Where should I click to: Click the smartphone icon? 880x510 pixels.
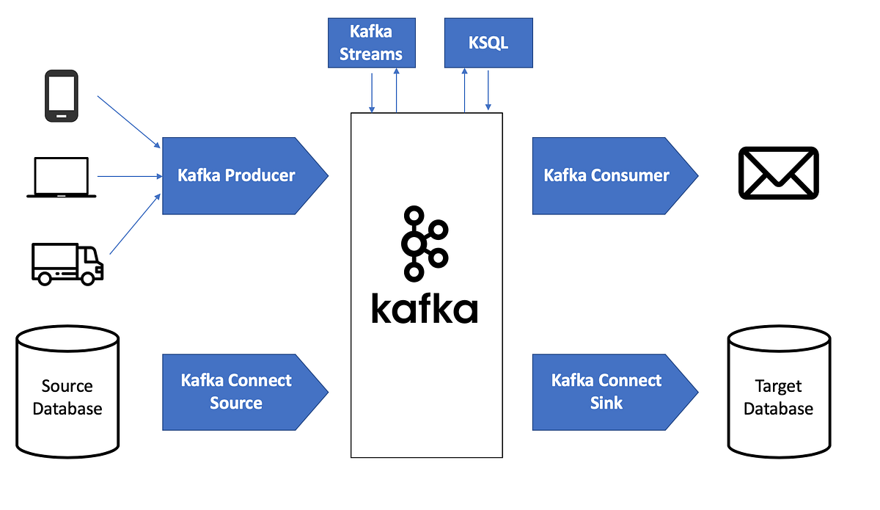coord(62,95)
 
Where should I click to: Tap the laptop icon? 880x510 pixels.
coord(62,177)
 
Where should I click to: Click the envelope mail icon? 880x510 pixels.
coord(778,172)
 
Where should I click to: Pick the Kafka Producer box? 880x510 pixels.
coord(236,175)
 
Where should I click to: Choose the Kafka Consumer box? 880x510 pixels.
coord(606,175)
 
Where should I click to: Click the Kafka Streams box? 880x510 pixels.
coord(371,43)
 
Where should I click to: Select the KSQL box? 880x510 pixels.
coord(488,43)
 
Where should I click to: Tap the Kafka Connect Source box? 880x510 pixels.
coord(236,392)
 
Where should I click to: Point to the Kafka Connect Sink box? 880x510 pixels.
coord(606,392)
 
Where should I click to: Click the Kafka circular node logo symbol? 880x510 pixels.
coord(422,243)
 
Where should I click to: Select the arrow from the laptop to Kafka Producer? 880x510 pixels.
coord(129,176)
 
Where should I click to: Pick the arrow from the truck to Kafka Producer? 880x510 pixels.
coord(135,224)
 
